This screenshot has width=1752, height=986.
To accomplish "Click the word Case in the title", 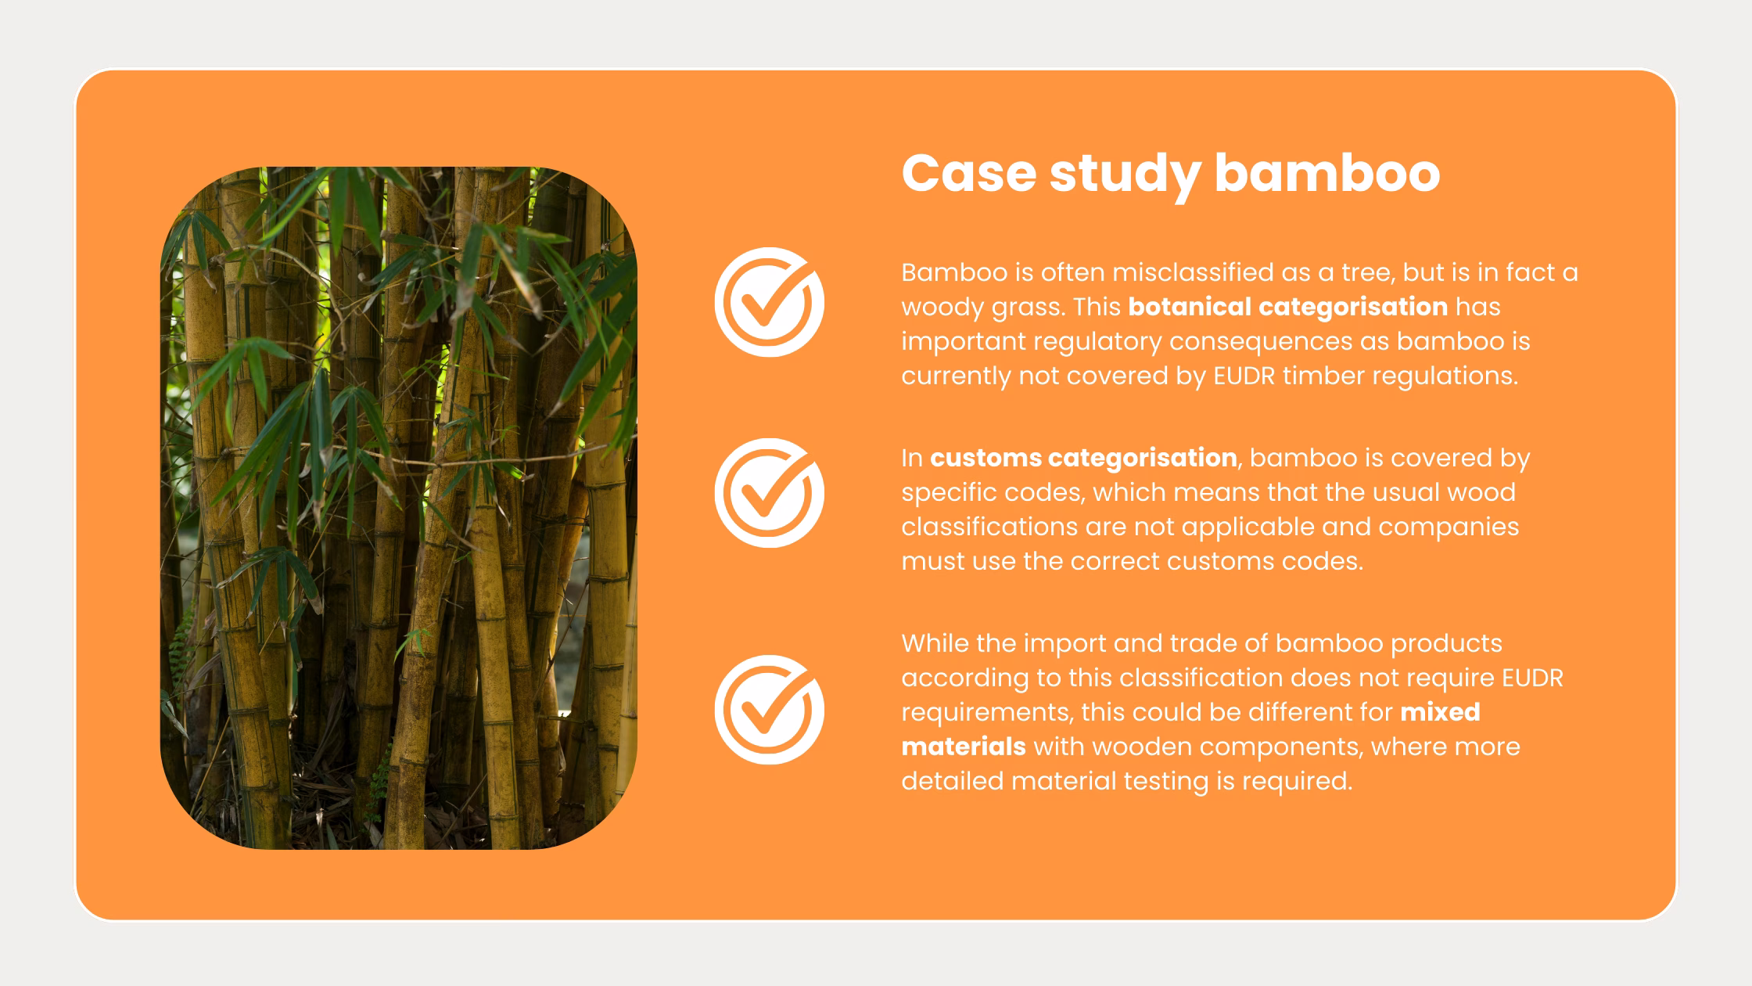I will pos(968,173).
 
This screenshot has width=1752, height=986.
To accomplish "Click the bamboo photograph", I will pos(398,508).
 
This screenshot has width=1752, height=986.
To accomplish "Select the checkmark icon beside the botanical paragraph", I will pos(769,302).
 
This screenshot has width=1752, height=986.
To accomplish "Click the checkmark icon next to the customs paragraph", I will pos(769,493).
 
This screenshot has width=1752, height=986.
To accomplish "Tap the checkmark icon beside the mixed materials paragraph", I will pos(769,710).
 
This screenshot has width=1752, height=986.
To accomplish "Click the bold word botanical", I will pos(1189,307).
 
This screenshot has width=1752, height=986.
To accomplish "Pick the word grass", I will pos(1028,307).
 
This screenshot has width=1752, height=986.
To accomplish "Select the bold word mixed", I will pos(1440,712).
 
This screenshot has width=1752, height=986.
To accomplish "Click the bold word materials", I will pos(963,747).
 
